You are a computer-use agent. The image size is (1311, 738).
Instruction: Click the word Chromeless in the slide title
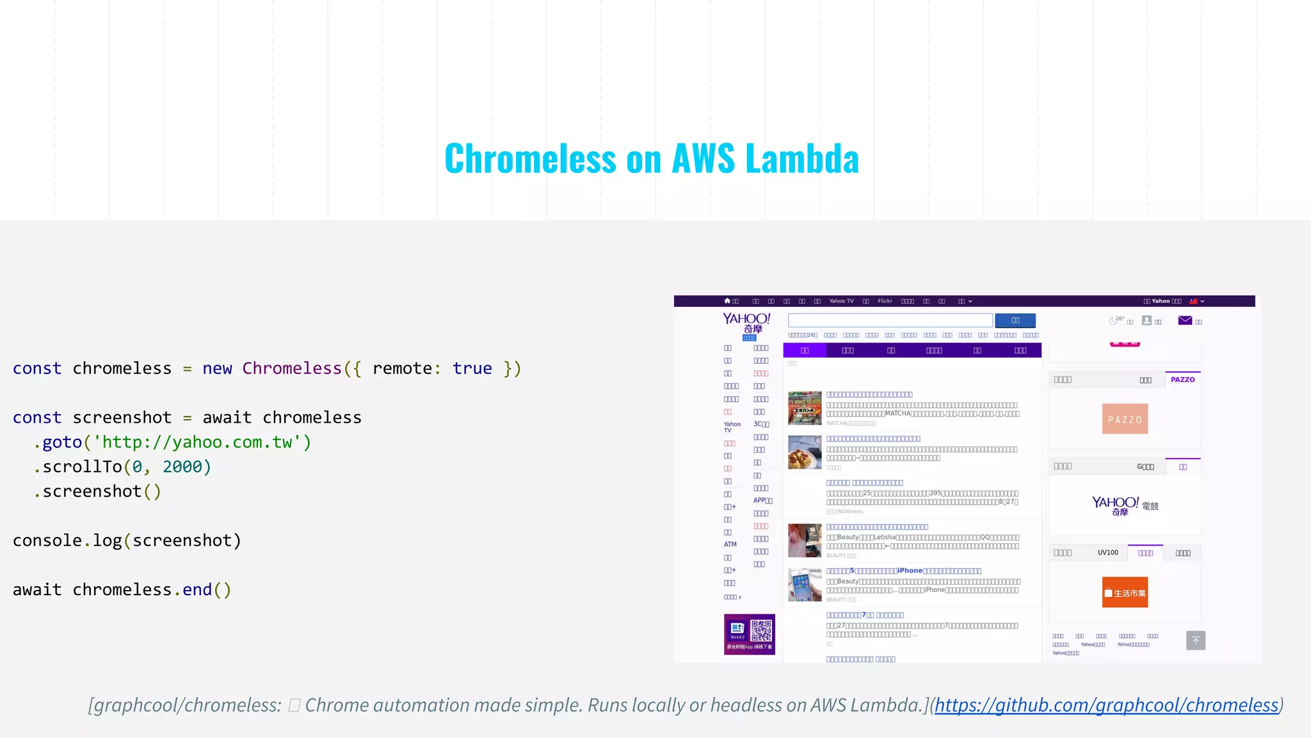pos(530,158)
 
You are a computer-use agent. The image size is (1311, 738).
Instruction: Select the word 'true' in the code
pos(472,368)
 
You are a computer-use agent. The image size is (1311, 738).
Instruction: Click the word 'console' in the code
pos(47,541)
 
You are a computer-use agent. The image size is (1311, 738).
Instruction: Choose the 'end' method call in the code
pos(197,590)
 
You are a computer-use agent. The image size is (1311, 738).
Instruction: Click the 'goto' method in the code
pos(62,442)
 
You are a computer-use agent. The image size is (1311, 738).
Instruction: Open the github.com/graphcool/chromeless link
pos(1106,705)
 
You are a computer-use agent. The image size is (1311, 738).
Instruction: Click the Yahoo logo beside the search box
pos(746,324)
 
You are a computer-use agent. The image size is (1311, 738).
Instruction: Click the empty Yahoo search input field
pos(890,320)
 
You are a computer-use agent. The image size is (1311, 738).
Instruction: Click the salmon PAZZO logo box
pos(1125,419)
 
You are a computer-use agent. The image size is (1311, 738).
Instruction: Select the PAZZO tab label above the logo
pos(1182,379)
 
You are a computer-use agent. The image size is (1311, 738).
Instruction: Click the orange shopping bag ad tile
pos(1125,593)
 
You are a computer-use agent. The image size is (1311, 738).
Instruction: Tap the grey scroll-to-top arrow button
pos(1195,640)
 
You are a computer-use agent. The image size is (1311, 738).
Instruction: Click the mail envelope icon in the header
pos(1185,320)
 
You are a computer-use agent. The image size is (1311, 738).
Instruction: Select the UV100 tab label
pos(1107,553)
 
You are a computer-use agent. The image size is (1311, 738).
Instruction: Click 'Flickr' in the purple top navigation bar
pos(885,301)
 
